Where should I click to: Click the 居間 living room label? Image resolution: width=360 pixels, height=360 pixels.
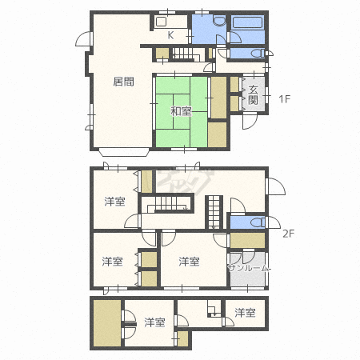click(123, 82)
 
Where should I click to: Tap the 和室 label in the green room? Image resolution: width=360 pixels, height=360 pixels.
click(181, 111)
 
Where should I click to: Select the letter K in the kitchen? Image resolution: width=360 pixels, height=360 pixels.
click(170, 35)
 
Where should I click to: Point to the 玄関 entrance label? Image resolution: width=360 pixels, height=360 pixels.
click(253, 95)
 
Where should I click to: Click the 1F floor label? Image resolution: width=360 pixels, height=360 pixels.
click(284, 99)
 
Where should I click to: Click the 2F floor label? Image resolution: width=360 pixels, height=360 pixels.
click(288, 234)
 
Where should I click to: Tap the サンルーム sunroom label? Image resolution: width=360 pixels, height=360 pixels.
click(249, 268)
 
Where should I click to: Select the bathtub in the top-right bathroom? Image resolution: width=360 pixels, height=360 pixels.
click(248, 22)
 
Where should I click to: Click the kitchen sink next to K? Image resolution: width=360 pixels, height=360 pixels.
click(162, 22)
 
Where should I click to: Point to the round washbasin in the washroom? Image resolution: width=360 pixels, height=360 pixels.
click(219, 21)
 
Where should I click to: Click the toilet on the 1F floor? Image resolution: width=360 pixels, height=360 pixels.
click(258, 53)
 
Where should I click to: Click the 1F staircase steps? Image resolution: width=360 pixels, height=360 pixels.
click(183, 54)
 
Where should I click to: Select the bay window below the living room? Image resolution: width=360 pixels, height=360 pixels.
click(124, 152)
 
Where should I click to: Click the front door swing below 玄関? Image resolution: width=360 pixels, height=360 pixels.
click(250, 122)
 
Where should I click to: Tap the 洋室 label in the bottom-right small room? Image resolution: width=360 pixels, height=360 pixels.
click(245, 313)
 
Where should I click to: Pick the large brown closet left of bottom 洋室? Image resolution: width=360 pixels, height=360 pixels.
click(107, 323)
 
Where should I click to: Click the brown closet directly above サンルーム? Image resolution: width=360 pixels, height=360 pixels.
click(248, 241)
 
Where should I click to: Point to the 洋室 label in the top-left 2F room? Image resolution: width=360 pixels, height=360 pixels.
click(114, 202)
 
